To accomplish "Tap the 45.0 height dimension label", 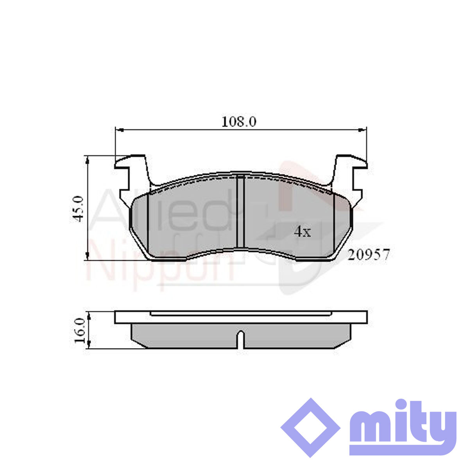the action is click(79, 208).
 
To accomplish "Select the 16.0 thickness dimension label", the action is click(80, 330).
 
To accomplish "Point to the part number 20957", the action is click(368, 255).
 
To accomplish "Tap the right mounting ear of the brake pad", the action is click(349, 174).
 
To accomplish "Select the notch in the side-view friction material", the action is click(240, 339).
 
